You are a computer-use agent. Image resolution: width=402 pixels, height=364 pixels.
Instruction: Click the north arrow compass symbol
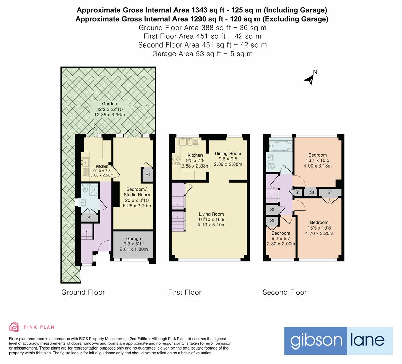[310, 79]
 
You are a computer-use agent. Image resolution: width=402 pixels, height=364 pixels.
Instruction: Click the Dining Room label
[228, 154]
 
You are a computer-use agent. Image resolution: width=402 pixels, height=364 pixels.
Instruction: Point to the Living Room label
[211, 214]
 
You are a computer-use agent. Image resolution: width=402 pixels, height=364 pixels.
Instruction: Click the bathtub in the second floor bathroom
[280, 146]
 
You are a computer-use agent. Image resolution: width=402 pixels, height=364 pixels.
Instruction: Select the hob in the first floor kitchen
[176, 161]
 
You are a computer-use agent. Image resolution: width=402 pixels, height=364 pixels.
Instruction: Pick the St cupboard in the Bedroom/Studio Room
[148, 175]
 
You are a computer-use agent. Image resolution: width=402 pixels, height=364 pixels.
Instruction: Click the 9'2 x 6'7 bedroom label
[281, 233]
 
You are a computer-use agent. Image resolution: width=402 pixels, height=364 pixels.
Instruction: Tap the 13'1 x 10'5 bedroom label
[318, 155]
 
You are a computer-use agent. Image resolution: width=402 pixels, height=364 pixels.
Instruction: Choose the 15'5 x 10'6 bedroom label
[319, 222]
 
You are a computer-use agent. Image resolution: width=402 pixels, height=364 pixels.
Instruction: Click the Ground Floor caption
[83, 292]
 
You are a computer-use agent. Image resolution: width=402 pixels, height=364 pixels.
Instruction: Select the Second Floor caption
[285, 292]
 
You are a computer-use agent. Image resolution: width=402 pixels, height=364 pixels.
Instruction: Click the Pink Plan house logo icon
[15, 327]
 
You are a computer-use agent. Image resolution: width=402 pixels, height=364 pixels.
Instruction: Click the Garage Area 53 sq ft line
[202, 54]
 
